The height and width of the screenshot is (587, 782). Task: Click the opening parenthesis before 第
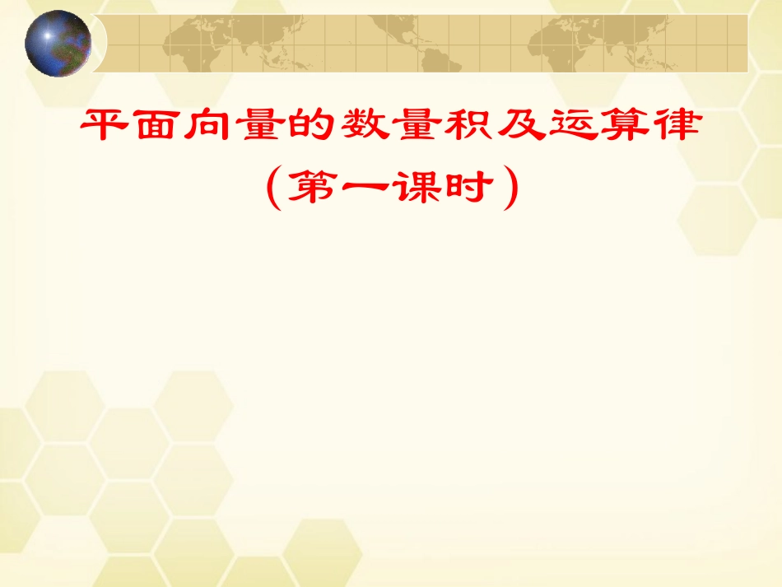[274, 188]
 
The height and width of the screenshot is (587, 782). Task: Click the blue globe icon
[58, 43]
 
